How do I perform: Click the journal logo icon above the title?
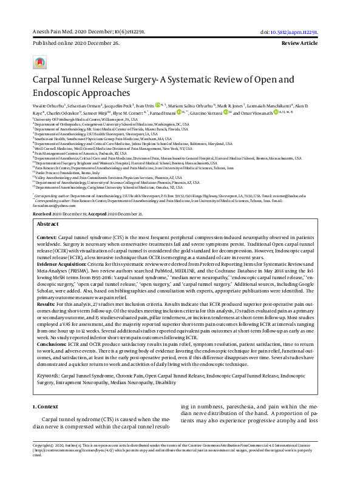[x=40, y=62]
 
